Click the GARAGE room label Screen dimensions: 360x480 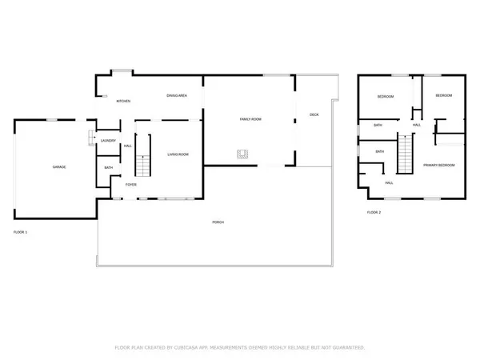[x=59, y=166]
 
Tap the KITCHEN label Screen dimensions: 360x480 [x=123, y=101]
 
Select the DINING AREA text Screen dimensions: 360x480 [x=177, y=96]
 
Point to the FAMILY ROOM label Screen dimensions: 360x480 [x=250, y=119]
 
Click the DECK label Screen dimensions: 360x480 [x=314, y=114]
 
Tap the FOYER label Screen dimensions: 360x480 [x=130, y=184]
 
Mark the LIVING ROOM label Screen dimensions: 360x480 [x=178, y=154]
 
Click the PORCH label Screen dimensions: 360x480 [x=218, y=222]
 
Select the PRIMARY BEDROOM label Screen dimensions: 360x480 [x=438, y=165]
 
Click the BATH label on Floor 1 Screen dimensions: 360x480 [x=108, y=167]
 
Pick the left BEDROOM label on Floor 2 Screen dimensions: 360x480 [x=386, y=96]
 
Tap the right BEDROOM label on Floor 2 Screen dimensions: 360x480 [x=443, y=95]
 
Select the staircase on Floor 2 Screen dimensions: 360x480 [x=407, y=152]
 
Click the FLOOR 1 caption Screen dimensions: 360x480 [x=21, y=232]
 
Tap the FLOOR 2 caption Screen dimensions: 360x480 [x=374, y=212]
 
